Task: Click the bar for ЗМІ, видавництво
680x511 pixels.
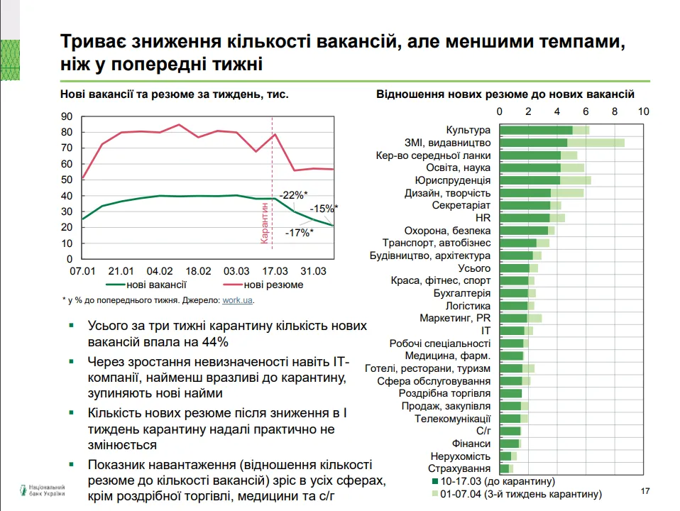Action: pyautogui.click(x=561, y=143)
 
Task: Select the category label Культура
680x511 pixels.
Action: pyautogui.click(x=468, y=130)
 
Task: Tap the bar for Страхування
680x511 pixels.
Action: pyautogui.click(x=506, y=469)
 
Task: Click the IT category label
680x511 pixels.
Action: pyautogui.click(x=485, y=331)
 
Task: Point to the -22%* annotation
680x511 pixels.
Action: pyautogui.click(x=294, y=194)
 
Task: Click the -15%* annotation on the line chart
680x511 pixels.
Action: pyautogui.click(x=324, y=209)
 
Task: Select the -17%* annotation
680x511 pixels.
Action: pyautogui.click(x=299, y=232)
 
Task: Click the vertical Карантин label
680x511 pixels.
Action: pyautogui.click(x=265, y=224)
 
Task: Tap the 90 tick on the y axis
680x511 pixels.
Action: pyautogui.click(x=67, y=116)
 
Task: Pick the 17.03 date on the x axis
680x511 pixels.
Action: pyautogui.click(x=275, y=271)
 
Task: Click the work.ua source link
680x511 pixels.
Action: pyautogui.click(x=237, y=300)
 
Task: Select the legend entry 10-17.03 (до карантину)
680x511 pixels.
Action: pyautogui.click(x=487, y=481)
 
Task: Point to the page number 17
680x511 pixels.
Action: pyautogui.click(x=645, y=491)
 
